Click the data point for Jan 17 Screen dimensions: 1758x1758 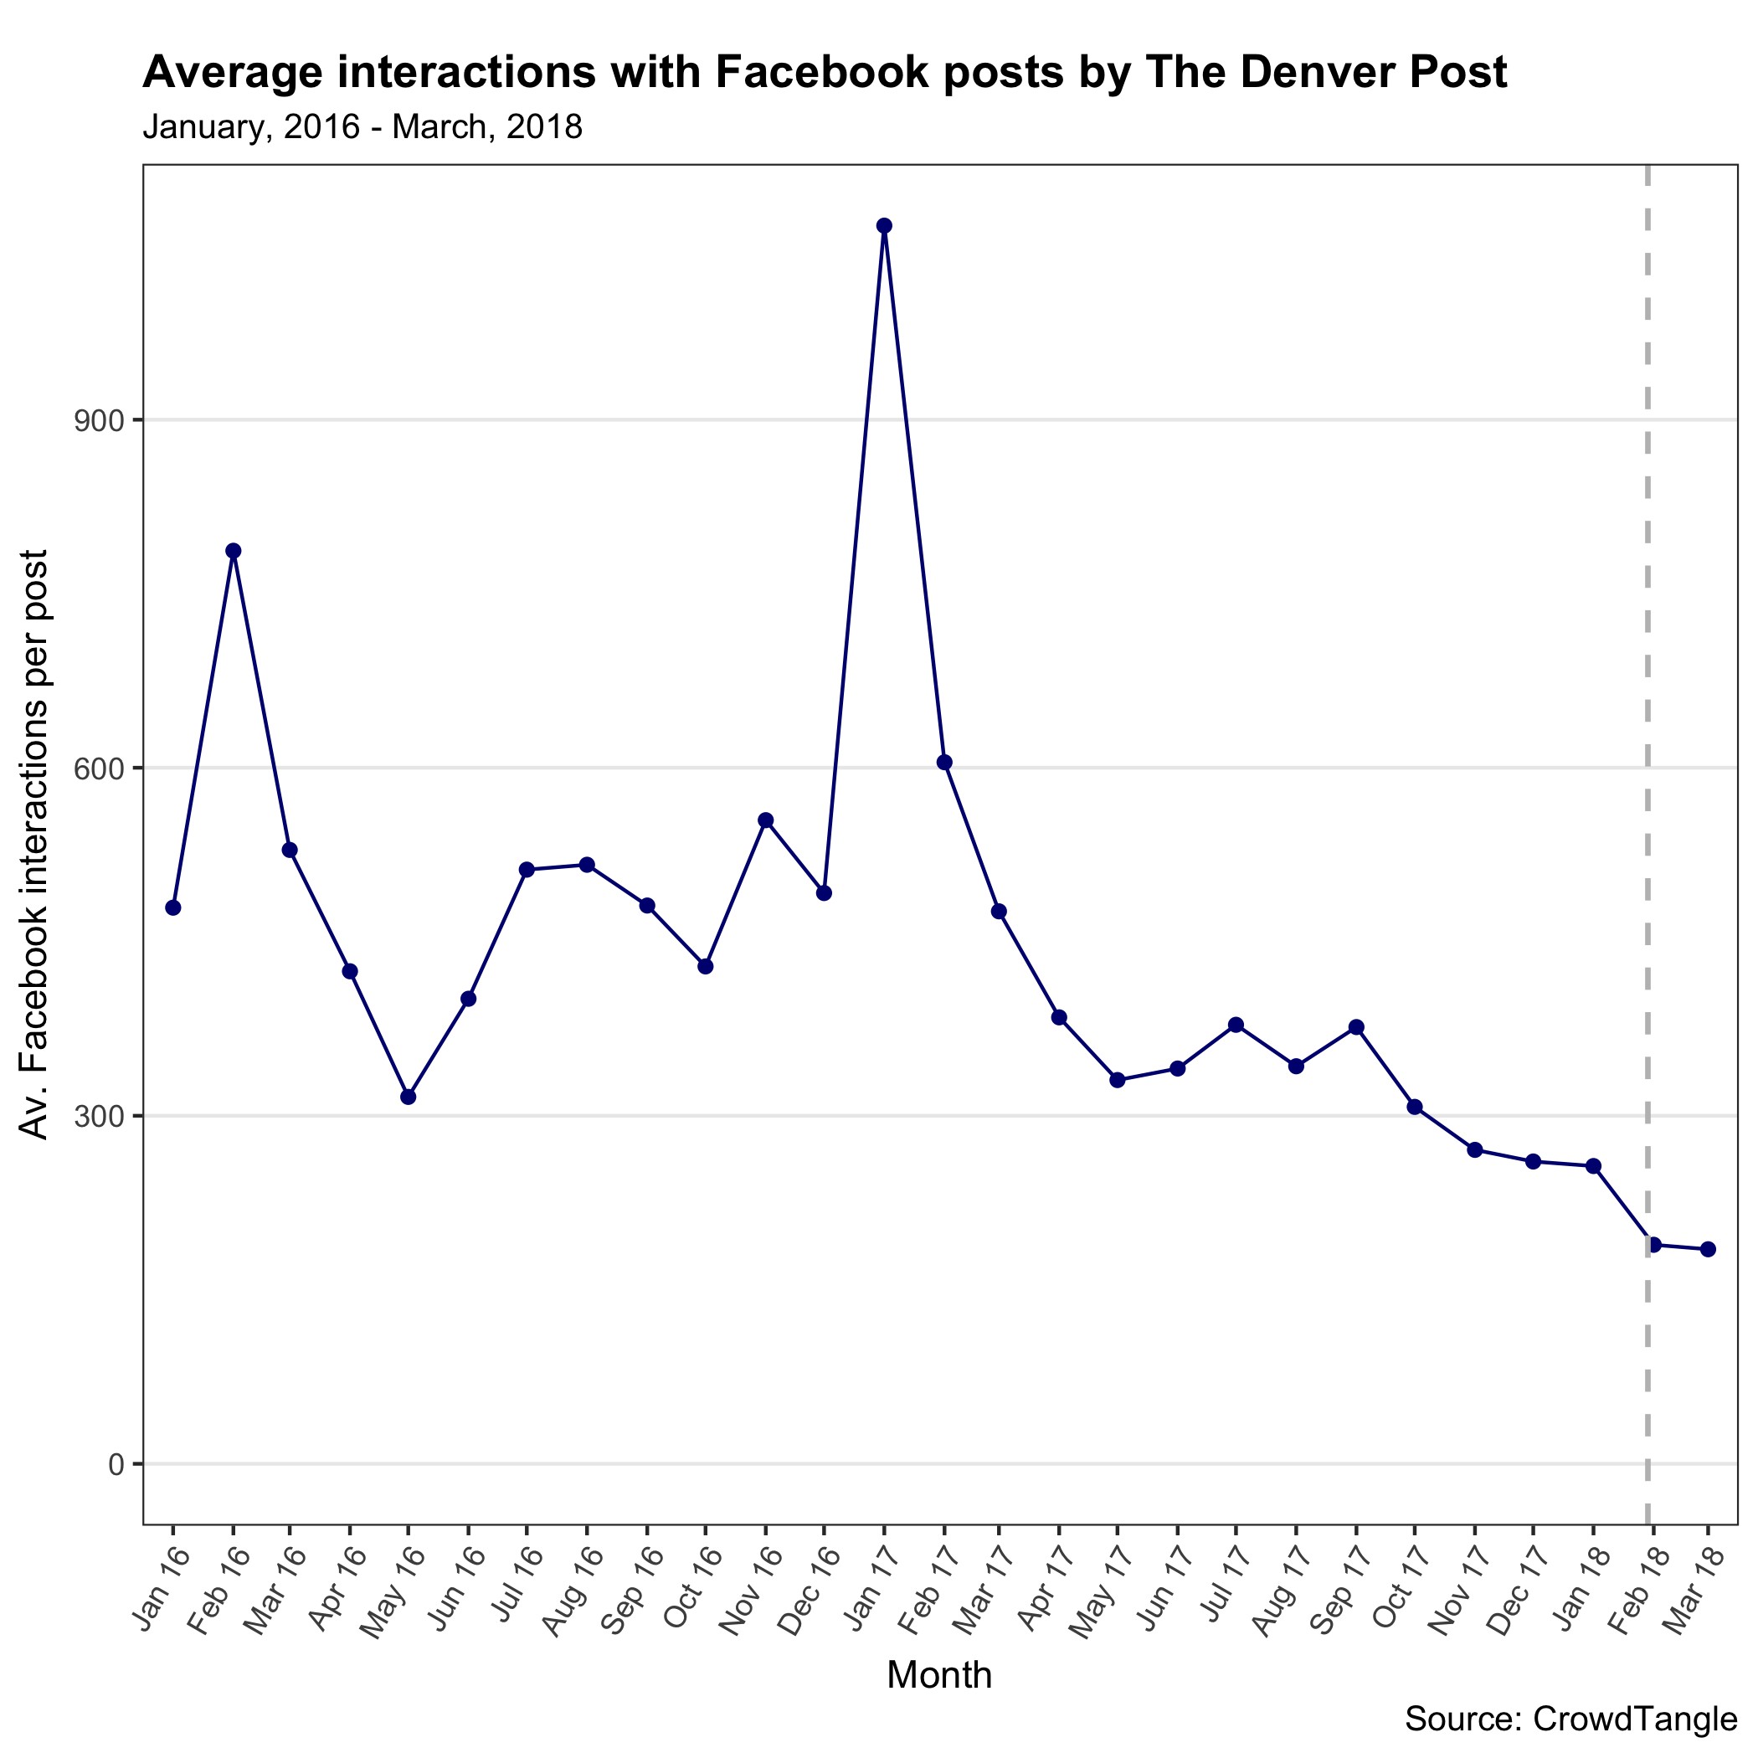point(883,226)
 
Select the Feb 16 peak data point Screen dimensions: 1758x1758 point(233,551)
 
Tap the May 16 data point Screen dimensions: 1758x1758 point(409,1097)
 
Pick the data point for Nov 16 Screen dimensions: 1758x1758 point(766,820)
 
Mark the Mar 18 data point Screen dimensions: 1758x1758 point(1708,1249)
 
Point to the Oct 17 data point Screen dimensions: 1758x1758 point(1415,1107)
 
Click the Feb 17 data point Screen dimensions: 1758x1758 point(944,763)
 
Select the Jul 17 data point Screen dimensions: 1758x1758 point(1236,1025)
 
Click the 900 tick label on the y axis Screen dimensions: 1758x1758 point(102,421)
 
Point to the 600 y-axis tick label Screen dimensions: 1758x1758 point(102,768)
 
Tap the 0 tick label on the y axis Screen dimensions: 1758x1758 point(116,1464)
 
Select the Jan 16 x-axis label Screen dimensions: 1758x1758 point(161,1579)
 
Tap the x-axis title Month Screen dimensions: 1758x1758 point(939,1675)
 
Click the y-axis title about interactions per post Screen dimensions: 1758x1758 point(34,844)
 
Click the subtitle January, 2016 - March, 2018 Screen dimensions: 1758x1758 point(362,127)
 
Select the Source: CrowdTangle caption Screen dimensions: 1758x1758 point(1570,1719)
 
